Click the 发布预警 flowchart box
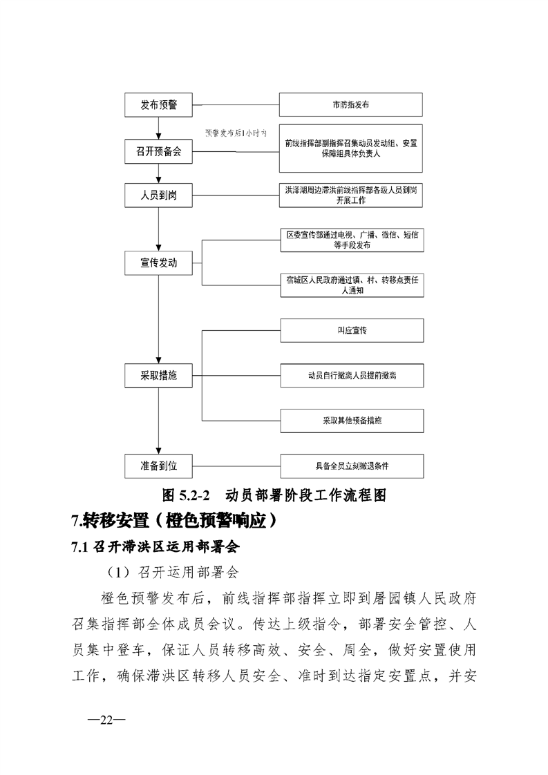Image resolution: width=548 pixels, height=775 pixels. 158,105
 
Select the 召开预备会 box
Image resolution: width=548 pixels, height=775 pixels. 158,151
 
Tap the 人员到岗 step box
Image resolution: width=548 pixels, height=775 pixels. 158,195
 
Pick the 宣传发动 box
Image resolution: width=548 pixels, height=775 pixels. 158,262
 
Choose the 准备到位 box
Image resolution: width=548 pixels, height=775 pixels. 158,466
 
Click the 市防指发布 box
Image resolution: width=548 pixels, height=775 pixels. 350,105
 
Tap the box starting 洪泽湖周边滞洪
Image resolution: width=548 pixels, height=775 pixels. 350,195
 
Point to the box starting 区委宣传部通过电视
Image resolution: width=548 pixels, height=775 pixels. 350,240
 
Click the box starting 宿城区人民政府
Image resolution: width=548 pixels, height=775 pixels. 350,285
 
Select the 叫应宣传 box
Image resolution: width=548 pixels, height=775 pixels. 350,330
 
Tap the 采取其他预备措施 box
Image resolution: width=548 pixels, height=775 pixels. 350,420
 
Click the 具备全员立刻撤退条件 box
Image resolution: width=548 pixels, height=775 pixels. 350,466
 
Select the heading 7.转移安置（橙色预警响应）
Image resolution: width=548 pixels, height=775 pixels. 175,521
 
